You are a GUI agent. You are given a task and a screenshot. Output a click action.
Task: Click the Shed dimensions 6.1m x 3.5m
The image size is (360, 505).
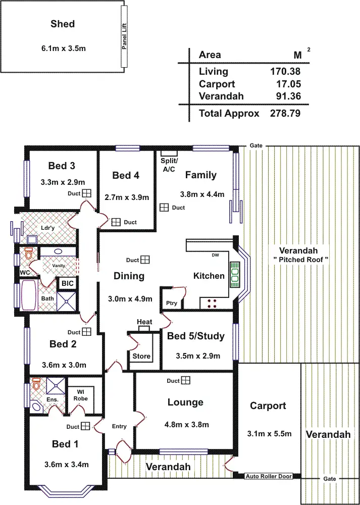pyautogui.click(x=63, y=48)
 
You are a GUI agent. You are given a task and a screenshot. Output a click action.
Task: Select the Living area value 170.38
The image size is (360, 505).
pyautogui.click(x=285, y=72)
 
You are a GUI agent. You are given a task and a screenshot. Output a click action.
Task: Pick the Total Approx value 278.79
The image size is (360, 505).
pyautogui.click(x=285, y=114)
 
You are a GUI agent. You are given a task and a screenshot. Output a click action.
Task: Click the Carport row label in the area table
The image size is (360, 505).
pyautogui.click(x=217, y=84)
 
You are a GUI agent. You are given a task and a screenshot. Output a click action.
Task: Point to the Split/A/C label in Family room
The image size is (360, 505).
pyautogui.click(x=168, y=165)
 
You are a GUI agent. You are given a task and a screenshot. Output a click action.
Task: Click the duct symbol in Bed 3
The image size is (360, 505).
pyautogui.click(x=87, y=193)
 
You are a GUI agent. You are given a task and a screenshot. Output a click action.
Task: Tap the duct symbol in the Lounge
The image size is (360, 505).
pyautogui.click(x=185, y=380)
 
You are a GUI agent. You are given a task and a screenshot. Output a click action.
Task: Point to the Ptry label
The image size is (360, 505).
pyautogui.click(x=171, y=303)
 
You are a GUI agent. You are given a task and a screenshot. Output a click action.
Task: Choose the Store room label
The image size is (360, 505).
pyautogui.click(x=141, y=356)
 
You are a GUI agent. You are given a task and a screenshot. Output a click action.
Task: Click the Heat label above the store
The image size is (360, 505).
pyautogui.click(x=144, y=322)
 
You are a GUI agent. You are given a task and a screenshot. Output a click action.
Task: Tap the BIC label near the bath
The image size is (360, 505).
pyautogui.click(x=67, y=284)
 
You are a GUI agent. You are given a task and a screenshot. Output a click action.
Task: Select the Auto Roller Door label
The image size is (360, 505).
pyautogui.click(x=268, y=476)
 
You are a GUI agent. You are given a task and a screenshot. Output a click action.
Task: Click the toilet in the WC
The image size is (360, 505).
pyautogui.click(x=28, y=250)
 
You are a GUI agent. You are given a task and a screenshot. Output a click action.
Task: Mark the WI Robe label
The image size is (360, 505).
pyautogui.click(x=80, y=394)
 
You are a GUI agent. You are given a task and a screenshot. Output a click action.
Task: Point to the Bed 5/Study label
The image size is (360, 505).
pyautogui.click(x=195, y=336)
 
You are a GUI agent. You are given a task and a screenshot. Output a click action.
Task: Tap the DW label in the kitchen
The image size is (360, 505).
pyautogui.click(x=215, y=255)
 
